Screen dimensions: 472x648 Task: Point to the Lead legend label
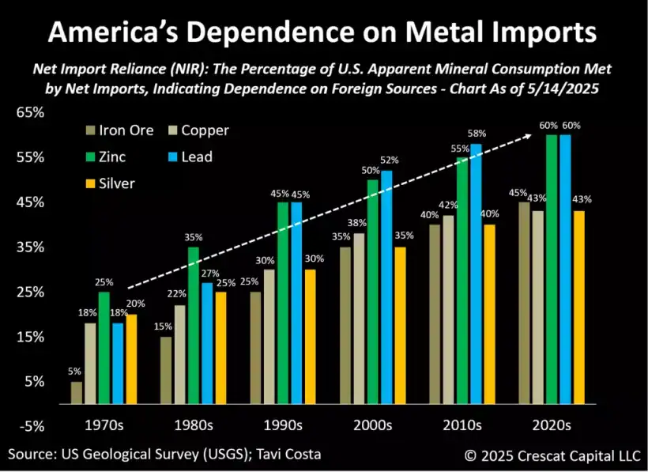pyautogui.click(x=197, y=157)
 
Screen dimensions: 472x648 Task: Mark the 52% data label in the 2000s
pyautogui.click(x=390, y=160)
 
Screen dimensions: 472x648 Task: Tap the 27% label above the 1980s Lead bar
pyautogui.click(x=209, y=274)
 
